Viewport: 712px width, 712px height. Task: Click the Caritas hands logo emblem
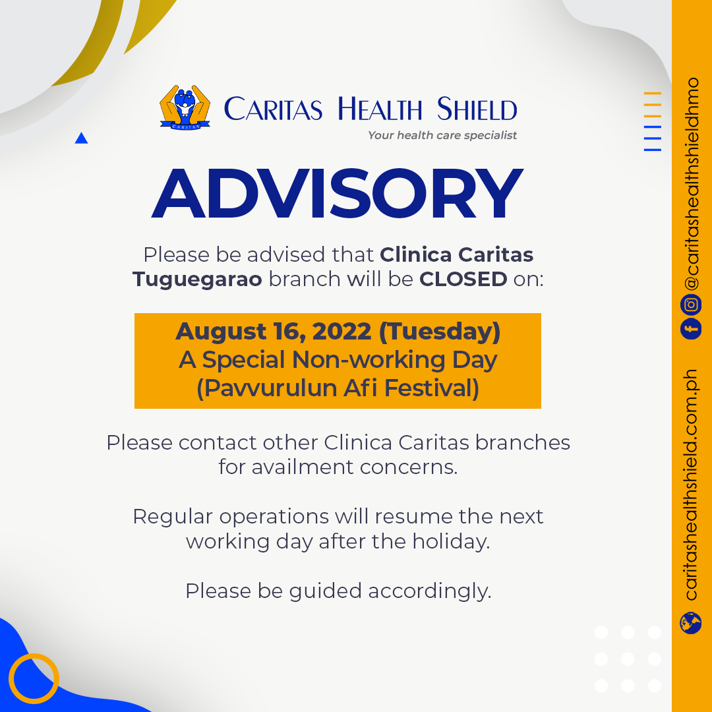(x=185, y=107)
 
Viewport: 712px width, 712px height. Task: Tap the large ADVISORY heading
(x=338, y=193)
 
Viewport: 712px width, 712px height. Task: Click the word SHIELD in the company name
(x=477, y=109)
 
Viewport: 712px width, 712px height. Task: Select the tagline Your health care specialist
(x=442, y=135)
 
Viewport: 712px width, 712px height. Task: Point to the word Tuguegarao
(x=198, y=280)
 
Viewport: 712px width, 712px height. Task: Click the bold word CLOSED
(x=463, y=279)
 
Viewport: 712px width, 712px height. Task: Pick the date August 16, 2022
(x=274, y=331)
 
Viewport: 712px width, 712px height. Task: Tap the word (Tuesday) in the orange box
(x=440, y=331)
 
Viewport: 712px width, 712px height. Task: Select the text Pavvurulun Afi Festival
(x=338, y=388)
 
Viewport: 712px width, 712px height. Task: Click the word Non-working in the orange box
(x=369, y=360)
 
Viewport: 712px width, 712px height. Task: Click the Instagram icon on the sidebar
(x=691, y=304)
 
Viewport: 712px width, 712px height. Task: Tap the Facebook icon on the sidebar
(x=691, y=328)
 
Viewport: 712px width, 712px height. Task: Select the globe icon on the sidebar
(x=691, y=622)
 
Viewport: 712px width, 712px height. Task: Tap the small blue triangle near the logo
(x=81, y=138)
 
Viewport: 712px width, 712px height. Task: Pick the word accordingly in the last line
(x=430, y=591)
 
